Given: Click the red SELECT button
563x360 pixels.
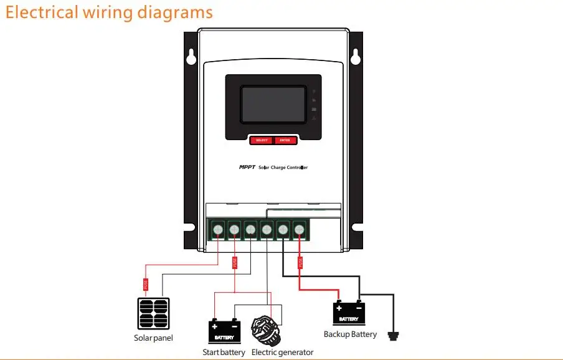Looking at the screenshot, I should [262, 140].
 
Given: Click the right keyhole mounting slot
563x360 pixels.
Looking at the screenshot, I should [356, 57].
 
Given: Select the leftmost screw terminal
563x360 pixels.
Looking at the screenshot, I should [218, 230].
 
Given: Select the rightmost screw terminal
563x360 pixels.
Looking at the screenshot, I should [299, 230].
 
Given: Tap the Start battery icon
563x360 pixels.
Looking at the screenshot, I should [224, 329].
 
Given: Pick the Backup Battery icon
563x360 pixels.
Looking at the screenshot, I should [349, 313].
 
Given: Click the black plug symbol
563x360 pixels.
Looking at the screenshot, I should [392, 336].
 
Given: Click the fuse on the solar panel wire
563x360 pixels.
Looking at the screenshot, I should [145, 285].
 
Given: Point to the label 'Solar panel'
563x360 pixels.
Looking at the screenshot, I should [153, 338].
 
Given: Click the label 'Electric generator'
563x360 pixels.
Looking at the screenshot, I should [282, 353].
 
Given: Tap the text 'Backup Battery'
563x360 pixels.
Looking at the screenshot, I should [350, 334].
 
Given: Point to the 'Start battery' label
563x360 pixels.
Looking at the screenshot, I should [224, 353].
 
